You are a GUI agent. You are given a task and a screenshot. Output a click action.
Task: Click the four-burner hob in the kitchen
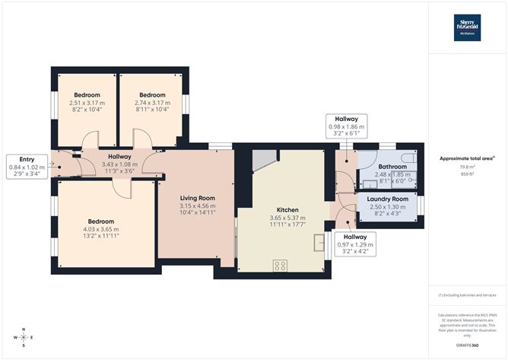pos(280,266)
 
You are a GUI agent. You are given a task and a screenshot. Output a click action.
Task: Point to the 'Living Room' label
pos(197,198)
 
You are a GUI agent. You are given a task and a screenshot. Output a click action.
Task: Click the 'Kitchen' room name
pos(281,210)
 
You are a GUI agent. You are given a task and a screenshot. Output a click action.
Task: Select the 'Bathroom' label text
pos(392,166)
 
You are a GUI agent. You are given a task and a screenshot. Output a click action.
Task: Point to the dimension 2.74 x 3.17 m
pos(152,103)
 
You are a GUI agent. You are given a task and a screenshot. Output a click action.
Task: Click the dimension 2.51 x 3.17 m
pos(87,103)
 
